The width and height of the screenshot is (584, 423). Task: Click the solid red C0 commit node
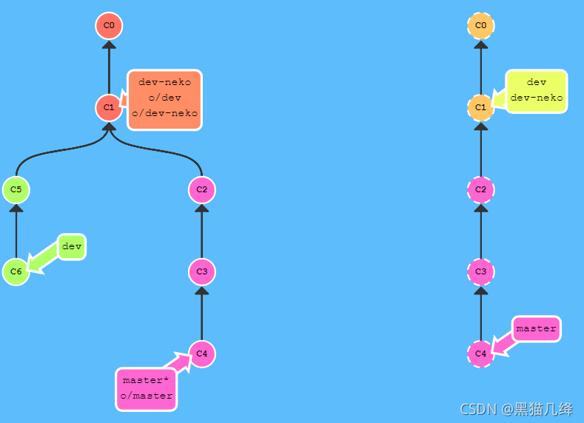(x=109, y=26)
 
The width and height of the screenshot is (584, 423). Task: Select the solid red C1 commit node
(x=109, y=108)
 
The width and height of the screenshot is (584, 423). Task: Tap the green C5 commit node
(x=16, y=190)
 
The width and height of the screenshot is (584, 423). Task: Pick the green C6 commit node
(x=16, y=272)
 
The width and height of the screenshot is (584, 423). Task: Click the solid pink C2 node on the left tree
(x=201, y=190)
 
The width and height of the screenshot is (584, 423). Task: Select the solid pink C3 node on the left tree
(x=201, y=272)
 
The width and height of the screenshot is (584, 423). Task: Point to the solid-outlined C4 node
(x=201, y=353)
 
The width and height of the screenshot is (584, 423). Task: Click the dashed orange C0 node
(x=481, y=26)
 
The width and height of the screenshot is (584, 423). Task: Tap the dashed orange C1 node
(x=481, y=108)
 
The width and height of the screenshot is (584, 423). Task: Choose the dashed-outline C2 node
(x=481, y=190)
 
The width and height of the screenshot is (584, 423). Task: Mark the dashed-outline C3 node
(x=481, y=272)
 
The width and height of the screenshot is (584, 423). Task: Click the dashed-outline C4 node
(x=481, y=353)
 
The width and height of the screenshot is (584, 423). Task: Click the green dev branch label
(x=72, y=246)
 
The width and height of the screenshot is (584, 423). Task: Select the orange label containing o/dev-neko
(x=164, y=100)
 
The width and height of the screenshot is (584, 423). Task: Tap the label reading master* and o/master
(x=146, y=388)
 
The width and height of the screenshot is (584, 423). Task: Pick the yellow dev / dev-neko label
(x=537, y=90)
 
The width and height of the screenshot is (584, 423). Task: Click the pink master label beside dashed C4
(x=536, y=328)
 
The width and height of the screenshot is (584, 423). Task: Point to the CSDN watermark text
(x=516, y=409)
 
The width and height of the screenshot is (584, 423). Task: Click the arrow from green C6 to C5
(x=16, y=231)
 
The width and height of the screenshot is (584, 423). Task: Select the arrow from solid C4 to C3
(x=201, y=313)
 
